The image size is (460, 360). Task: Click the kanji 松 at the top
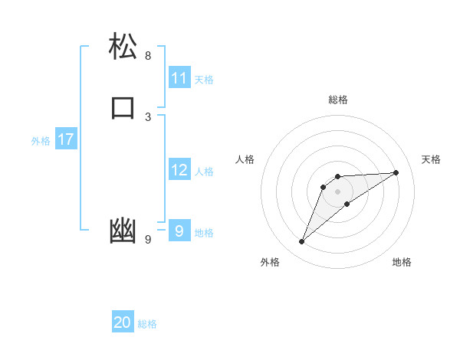coord(123,47)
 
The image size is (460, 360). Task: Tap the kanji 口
coord(123,107)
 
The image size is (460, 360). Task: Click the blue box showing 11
coord(179,78)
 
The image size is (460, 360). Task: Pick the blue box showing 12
coord(179,170)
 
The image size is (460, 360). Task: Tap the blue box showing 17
coord(65,139)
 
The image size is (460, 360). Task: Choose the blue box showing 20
coord(123,322)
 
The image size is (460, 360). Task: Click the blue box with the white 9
coord(179,231)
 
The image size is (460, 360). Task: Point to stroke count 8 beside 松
coord(148,56)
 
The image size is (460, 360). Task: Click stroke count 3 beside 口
coord(148,116)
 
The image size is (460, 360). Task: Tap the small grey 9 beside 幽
coord(148,240)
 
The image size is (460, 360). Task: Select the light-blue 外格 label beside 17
coord(41,141)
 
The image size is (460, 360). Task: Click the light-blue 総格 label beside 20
coord(147,324)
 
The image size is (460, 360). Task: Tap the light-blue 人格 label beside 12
coord(204,172)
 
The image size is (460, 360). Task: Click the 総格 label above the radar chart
coord(338,100)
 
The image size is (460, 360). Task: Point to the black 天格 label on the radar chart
coord(431,159)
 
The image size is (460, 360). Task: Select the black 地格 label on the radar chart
coord(402,262)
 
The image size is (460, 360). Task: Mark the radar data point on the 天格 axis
coord(396,172)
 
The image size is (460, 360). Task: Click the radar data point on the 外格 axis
coord(301,242)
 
